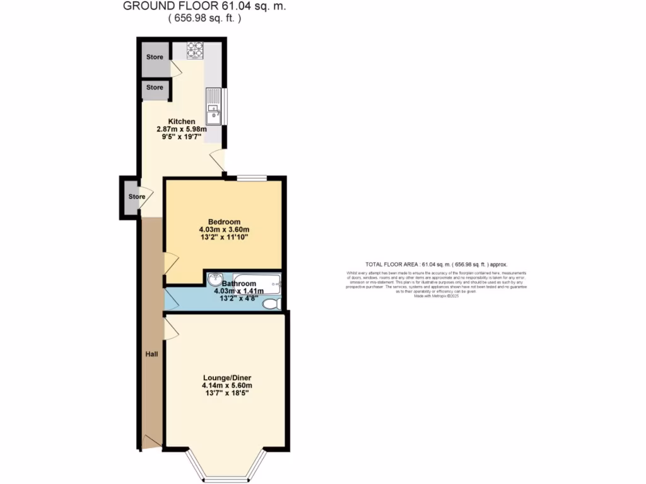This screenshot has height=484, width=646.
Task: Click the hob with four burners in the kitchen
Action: [194, 49]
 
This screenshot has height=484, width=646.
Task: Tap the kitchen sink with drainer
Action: [214, 107]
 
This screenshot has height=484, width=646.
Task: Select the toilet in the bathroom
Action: [271, 304]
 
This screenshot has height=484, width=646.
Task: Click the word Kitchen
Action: [181, 121]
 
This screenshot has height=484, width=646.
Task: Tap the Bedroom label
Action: [224, 222]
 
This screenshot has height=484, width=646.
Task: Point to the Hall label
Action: [151, 354]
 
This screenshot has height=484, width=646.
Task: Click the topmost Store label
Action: [155, 57]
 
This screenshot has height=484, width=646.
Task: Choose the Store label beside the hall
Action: [137, 197]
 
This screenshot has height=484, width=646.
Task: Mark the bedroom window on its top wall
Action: [251, 178]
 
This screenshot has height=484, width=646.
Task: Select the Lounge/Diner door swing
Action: [170, 328]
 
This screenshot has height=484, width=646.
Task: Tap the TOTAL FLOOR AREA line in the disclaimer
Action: [436, 264]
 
